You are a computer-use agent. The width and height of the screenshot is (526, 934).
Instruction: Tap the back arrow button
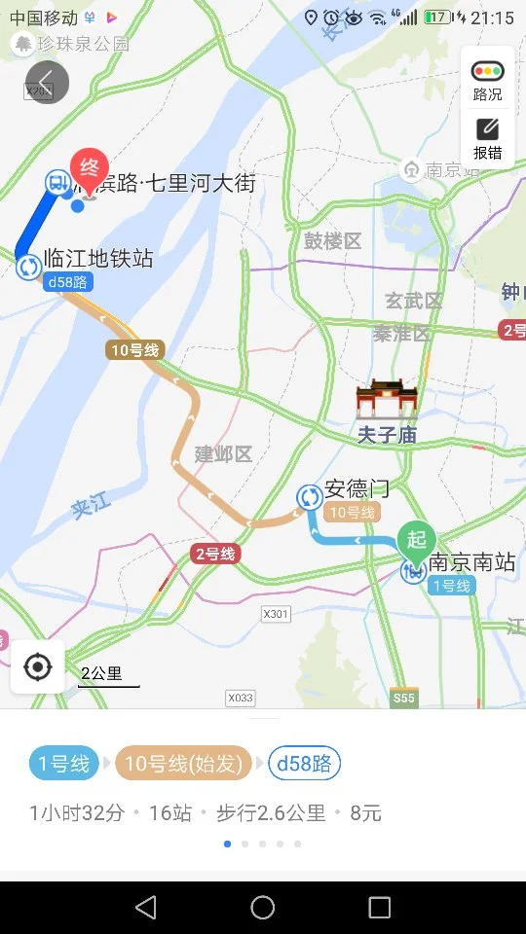[46, 81]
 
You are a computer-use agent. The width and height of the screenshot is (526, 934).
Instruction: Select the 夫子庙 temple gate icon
[386, 400]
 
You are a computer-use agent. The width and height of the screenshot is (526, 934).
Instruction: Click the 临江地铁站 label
[98, 259]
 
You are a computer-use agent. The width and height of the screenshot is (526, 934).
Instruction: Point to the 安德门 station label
[357, 489]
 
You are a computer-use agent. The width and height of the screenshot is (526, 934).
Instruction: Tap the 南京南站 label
[472, 562]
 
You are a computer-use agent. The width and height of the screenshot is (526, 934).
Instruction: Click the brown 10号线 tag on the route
[134, 350]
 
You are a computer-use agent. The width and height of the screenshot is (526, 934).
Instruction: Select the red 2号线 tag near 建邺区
[214, 554]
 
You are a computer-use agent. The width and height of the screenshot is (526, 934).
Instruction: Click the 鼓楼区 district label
[332, 240]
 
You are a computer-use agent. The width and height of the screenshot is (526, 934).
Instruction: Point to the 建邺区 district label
[223, 453]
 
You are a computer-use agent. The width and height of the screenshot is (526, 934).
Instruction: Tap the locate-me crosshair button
[38, 667]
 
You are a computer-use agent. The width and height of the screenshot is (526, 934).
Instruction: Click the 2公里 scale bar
[107, 675]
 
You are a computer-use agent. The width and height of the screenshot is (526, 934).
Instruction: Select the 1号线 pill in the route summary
[63, 764]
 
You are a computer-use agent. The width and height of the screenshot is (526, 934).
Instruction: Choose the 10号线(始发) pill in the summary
[183, 764]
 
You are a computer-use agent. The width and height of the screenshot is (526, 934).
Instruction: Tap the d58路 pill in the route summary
[304, 764]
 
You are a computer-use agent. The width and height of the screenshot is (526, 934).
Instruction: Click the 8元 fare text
[365, 812]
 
